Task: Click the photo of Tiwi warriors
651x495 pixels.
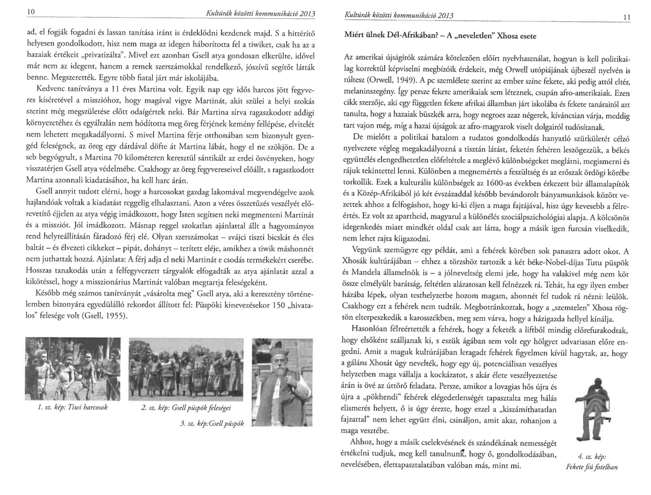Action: coord(73,368)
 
